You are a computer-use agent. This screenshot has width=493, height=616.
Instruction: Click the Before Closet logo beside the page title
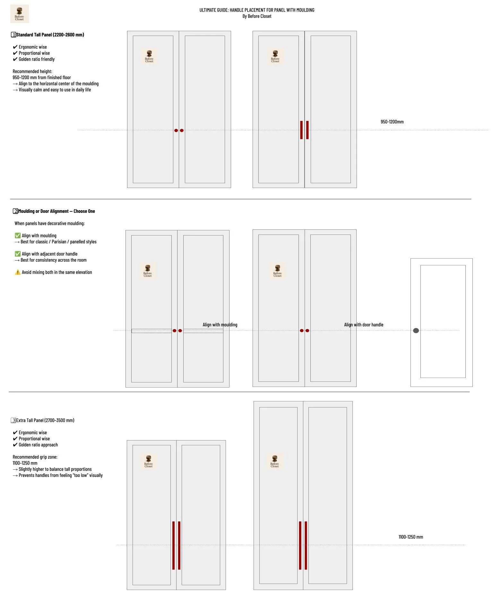tap(20, 14)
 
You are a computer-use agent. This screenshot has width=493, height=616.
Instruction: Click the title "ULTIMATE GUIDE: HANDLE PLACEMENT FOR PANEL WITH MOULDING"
tap(257, 10)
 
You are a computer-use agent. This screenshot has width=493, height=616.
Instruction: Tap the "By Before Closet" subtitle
tap(257, 16)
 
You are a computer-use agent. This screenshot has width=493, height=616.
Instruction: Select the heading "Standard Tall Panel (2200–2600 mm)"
tap(50, 35)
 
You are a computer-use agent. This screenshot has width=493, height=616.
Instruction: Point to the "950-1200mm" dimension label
tap(392, 122)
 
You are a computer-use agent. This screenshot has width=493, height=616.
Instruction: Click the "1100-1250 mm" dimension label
tap(411, 537)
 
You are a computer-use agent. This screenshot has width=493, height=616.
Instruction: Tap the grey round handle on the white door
tap(416, 330)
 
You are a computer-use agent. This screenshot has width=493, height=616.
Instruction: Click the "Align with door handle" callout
tap(364, 325)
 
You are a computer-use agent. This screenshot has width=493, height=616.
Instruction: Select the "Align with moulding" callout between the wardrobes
tap(220, 325)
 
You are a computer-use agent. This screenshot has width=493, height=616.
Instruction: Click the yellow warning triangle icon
tap(18, 272)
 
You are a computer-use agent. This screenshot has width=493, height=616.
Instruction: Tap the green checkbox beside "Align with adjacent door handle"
tap(18, 254)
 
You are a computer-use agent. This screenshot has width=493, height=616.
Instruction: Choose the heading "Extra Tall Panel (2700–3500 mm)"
tap(45, 420)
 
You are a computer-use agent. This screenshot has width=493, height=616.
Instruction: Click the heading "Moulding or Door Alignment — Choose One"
tap(56, 211)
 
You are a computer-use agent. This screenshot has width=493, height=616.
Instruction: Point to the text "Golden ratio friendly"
tap(37, 59)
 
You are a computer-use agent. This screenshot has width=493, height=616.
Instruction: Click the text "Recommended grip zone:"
tap(35, 457)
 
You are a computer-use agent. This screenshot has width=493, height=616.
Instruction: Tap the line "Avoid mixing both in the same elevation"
tap(57, 272)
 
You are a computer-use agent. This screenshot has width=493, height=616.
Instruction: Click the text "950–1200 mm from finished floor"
tap(42, 78)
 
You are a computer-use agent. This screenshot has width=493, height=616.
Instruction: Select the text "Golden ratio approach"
tap(38, 445)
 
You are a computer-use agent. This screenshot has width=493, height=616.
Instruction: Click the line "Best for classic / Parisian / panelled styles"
tap(58, 242)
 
